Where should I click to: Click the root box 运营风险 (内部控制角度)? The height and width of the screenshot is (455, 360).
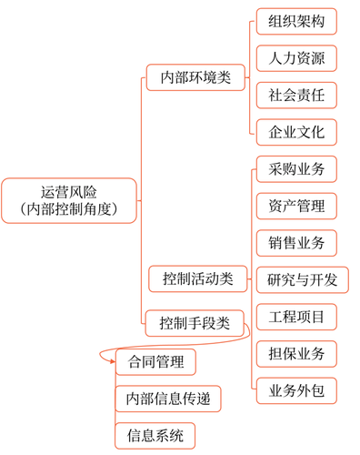pos(69,201)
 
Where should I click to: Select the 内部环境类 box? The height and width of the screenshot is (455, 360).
pos(195,77)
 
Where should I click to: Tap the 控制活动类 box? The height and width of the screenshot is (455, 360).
pos(198,278)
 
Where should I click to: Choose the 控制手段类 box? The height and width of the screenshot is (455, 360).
pos(195,323)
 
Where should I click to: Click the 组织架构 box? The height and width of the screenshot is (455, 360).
pos(296,22)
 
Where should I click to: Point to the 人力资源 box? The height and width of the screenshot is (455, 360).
pos(296,58)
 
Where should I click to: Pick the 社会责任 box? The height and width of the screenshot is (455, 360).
pos(296,96)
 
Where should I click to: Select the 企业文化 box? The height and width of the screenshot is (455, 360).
pos(296,132)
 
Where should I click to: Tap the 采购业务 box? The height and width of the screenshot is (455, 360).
pos(296,169)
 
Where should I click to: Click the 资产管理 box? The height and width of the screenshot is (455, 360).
pos(296,206)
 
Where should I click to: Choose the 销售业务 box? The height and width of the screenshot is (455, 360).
pos(296,243)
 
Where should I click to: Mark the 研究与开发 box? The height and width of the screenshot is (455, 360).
pos(303,279)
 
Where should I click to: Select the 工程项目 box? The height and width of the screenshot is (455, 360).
pos(296,317)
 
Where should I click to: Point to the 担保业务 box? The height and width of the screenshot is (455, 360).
pos(296,354)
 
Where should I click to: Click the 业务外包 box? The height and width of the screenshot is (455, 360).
pos(296,390)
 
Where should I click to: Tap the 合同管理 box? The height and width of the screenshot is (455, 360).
pos(155,362)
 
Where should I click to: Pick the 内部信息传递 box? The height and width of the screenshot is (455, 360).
pos(168,399)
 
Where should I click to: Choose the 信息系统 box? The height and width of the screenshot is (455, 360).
pos(155,436)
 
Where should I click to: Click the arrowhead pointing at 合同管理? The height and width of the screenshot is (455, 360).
pos(113,361)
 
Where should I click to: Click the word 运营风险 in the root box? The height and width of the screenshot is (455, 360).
pos(69,192)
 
